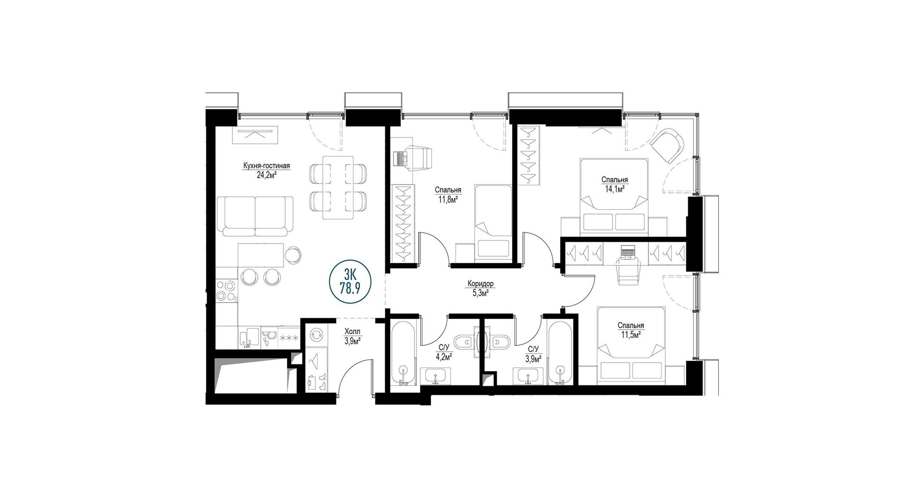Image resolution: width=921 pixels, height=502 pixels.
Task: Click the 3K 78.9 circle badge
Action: click(x=350, y=282)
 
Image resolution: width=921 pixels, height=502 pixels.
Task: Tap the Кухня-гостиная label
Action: click(x=267, y=166)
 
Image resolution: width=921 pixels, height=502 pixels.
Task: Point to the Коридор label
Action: click(x=481, y=284)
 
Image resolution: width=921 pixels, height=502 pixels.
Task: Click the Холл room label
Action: click(x=352, y=332)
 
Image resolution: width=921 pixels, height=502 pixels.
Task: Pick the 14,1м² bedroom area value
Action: click(x=614, y=189)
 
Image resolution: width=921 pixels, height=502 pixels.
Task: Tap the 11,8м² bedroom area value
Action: click(x=448, y=200)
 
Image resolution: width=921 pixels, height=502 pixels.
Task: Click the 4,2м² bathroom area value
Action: click(x=443, y=357)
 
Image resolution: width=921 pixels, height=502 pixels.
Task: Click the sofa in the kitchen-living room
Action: click(x=255, y=216)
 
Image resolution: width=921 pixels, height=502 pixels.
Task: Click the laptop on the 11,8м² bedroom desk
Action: click(x=400, y=158)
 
